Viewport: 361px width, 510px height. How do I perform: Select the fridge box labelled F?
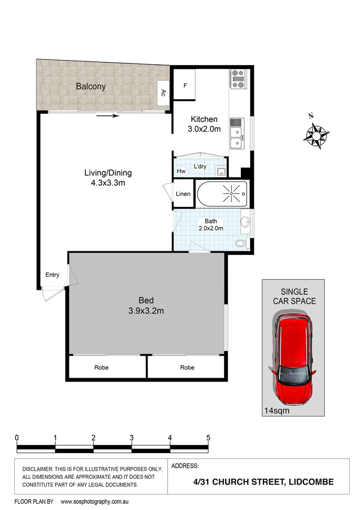[185, 86]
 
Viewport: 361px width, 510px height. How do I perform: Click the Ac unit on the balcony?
[163, 92]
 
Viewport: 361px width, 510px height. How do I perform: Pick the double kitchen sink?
[236, 137]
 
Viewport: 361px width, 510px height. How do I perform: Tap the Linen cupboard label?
[183, 194]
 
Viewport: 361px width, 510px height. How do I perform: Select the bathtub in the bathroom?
[222, 193]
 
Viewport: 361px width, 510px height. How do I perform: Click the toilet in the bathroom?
[241, 243]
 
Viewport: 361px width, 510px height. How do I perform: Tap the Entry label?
[52, 275]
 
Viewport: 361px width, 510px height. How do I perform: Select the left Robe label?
[102, 367]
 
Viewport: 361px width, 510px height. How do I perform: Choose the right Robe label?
[187, 367]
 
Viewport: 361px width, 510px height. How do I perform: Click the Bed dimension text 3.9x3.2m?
[146, 311]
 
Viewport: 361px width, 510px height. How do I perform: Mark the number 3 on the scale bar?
[131, 437]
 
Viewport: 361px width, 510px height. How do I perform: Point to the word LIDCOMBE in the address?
[311, 482]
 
